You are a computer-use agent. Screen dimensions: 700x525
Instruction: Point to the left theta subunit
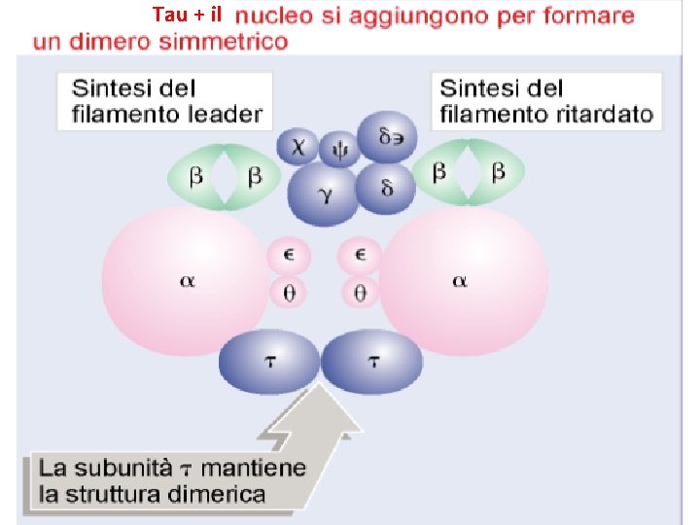289,291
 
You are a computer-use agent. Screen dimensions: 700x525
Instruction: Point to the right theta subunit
359,291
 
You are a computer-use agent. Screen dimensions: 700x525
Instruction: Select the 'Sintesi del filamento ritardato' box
545,101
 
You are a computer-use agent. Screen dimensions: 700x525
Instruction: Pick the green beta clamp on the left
225,176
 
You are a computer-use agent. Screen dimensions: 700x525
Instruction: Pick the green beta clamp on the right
469,172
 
